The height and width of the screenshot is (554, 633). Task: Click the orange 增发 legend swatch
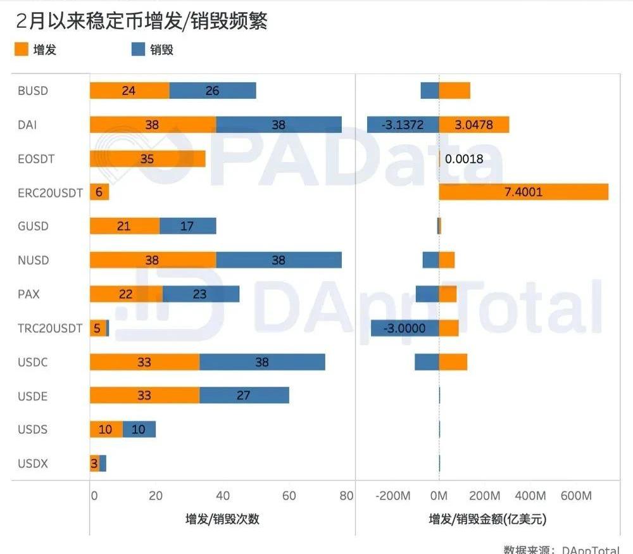tap(22, 49)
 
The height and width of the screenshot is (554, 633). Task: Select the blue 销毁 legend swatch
tap(139, 49)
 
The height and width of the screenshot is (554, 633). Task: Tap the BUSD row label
tap(33, 91)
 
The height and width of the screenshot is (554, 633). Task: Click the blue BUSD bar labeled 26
tap(213, 91)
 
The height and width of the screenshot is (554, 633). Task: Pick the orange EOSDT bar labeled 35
tap(147, 158)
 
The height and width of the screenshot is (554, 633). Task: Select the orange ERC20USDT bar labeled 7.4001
tap(523, 192)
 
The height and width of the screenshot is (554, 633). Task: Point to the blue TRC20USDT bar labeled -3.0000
tap(404, 328)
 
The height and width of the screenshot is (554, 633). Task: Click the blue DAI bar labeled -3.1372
tap(403, 125)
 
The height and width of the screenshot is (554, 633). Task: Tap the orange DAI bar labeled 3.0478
tap(473, 125)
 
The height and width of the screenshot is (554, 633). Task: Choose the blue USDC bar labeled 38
tap(262, 362)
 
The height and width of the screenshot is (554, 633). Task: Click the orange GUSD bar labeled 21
tap(124, 226)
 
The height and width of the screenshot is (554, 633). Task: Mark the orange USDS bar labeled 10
tap(106, 429)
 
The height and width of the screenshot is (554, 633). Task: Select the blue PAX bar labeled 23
tap(201, 294)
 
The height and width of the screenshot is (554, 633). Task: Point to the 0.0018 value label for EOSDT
tap(464, 159)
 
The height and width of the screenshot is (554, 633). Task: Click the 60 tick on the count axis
tap(289, 496)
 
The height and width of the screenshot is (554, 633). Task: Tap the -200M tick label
tap(393, 496)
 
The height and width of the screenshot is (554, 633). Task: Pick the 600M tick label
tap(577, 496)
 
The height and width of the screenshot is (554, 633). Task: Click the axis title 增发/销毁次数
tap(222, 519)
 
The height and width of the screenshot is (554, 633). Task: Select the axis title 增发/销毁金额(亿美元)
tap(487, 519)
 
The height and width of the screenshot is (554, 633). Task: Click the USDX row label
tap(33, 463)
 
